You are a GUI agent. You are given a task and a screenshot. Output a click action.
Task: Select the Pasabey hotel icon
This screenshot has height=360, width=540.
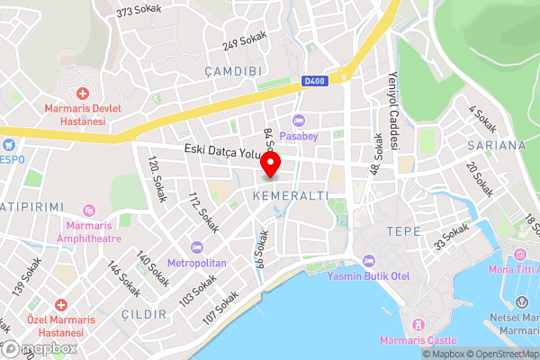[298, 121]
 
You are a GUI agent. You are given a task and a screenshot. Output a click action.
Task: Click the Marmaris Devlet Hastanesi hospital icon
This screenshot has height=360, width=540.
[82, 94]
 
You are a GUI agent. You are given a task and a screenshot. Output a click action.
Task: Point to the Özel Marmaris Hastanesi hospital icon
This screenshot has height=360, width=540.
[59, 307]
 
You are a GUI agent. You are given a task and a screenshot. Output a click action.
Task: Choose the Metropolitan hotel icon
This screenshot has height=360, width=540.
[197, 247]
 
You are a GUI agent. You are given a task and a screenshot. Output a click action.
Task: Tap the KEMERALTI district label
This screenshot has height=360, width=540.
[289, 194]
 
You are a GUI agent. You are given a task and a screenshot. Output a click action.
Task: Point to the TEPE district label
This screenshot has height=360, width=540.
[402, 230]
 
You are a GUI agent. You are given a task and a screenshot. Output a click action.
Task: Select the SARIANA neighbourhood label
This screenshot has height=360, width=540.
[496, 144]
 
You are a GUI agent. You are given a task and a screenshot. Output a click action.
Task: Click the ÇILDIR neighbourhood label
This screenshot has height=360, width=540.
[145, 313]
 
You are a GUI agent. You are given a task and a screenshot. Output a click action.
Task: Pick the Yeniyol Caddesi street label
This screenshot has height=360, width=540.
[392, 96]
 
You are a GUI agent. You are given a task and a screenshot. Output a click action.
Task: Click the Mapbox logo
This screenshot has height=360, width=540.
[38, 347]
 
